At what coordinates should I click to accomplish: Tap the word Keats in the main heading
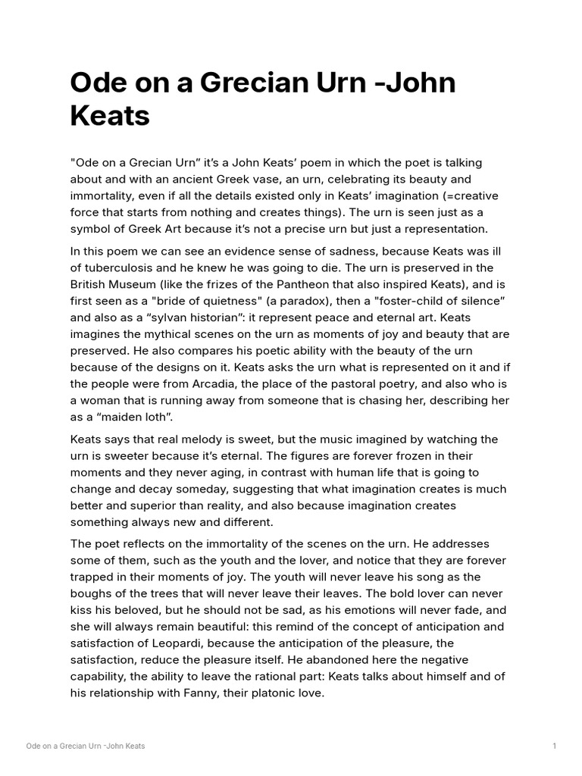coord(110,117)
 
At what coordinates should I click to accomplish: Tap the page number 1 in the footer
coord(555,746)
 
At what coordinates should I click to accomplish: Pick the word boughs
coord(91,594)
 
